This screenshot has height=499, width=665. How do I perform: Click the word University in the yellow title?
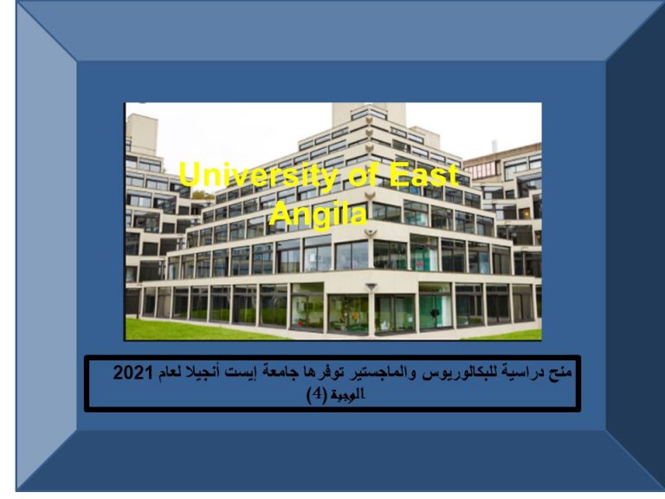pos(258,175)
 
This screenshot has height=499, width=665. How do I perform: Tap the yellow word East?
pos(424,174)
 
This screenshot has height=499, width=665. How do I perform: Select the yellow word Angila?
pos(318,214)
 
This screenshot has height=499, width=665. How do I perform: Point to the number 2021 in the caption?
pos(132,373)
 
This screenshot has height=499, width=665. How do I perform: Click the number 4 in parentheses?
pos(317,395)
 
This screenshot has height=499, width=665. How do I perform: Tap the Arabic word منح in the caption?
pos(560,373)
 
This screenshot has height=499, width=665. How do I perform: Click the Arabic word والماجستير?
pos(378,373)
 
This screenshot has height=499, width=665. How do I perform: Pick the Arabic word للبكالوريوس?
pos(452,373)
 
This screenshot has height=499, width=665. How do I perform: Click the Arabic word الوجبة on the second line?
pos(348,395)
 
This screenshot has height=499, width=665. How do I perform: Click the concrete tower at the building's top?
pos(369,113)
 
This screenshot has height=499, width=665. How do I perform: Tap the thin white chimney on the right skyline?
pos(494,146)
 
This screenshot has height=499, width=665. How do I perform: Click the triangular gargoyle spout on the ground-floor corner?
pos(371,288)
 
